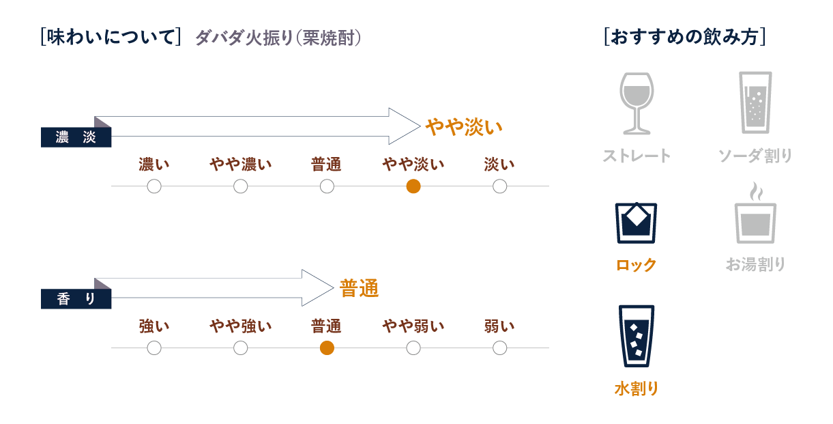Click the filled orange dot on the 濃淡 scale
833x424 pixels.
click(413, 186)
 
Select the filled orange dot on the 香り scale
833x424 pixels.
click(327, 348)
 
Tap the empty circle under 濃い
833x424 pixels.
click(154, 186)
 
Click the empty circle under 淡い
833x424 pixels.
click(499, 186)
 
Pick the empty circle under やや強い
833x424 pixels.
click(240, 348)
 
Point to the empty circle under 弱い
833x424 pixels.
click(499, 348)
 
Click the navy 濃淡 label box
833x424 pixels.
click(76, 137)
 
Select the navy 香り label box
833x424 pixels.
click(76, 299)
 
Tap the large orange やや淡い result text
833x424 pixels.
click(463, 127)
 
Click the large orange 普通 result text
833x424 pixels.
click(359, 289)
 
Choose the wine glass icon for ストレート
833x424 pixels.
click(636, 103)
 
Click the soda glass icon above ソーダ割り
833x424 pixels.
click(755, 102)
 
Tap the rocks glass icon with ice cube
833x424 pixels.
click(636, 223)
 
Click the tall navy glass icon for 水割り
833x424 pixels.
click(636, 336)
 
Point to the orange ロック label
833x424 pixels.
click(636, 265)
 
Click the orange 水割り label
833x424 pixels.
click(636, 389)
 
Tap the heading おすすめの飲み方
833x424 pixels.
click(684, 37)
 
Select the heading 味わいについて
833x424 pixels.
click(111, 37)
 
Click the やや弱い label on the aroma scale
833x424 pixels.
click(413, 326)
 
